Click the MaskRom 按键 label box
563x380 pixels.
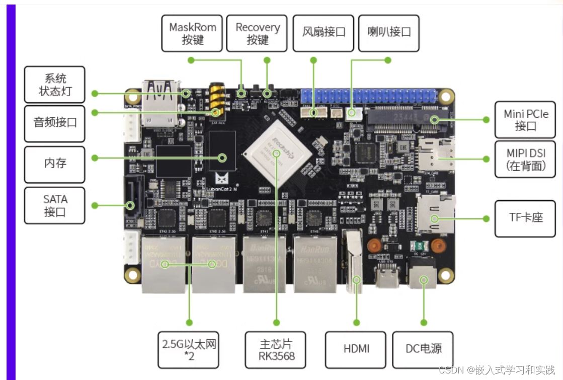pos(192,33)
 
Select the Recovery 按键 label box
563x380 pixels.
pos(257,33)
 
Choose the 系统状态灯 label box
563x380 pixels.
pos(54,85)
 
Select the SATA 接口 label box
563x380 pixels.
pos(54,205)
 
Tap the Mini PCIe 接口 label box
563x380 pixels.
pos(525,120)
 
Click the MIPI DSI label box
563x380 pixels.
pos(525,159)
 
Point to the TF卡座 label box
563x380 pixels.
pos(525,218)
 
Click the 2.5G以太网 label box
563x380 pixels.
pos(189,349)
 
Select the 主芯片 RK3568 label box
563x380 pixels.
pos(276,349)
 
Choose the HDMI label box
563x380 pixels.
pos(356,349)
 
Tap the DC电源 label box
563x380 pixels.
pos(423,349)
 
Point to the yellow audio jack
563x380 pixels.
pos(216,101)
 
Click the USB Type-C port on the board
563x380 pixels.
pos(386,275)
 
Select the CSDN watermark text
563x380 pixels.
pos(497,370)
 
